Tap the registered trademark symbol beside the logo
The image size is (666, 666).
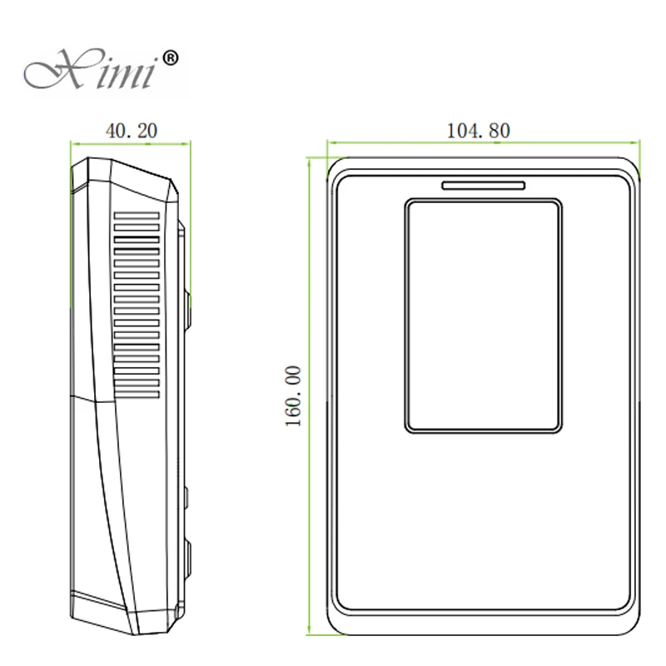(169, 57)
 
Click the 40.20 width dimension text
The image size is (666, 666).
(131, 130)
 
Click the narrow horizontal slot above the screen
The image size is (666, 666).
(483, 185)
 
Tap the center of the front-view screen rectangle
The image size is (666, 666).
(483, 316)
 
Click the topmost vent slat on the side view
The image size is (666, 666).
(136, 215)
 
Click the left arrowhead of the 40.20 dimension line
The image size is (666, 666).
(73, 142)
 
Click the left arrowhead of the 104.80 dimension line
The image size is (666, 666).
(330, 142)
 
